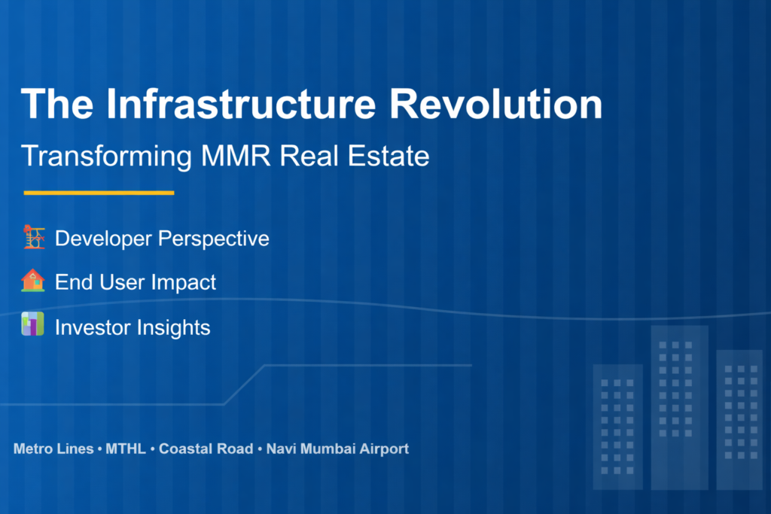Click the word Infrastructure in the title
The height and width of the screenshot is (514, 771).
241,105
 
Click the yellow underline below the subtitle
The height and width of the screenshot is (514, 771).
99,193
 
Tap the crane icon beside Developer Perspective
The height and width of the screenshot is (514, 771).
33,238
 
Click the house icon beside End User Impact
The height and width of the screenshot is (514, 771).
33,281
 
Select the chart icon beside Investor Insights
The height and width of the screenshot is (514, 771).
33,325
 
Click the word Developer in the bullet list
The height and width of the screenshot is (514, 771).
102,239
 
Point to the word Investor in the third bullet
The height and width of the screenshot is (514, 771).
93,327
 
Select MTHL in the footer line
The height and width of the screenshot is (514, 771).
126,449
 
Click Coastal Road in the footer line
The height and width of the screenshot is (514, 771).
206,449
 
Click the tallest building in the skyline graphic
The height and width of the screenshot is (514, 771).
679,406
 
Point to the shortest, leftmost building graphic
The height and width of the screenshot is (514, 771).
617,425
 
